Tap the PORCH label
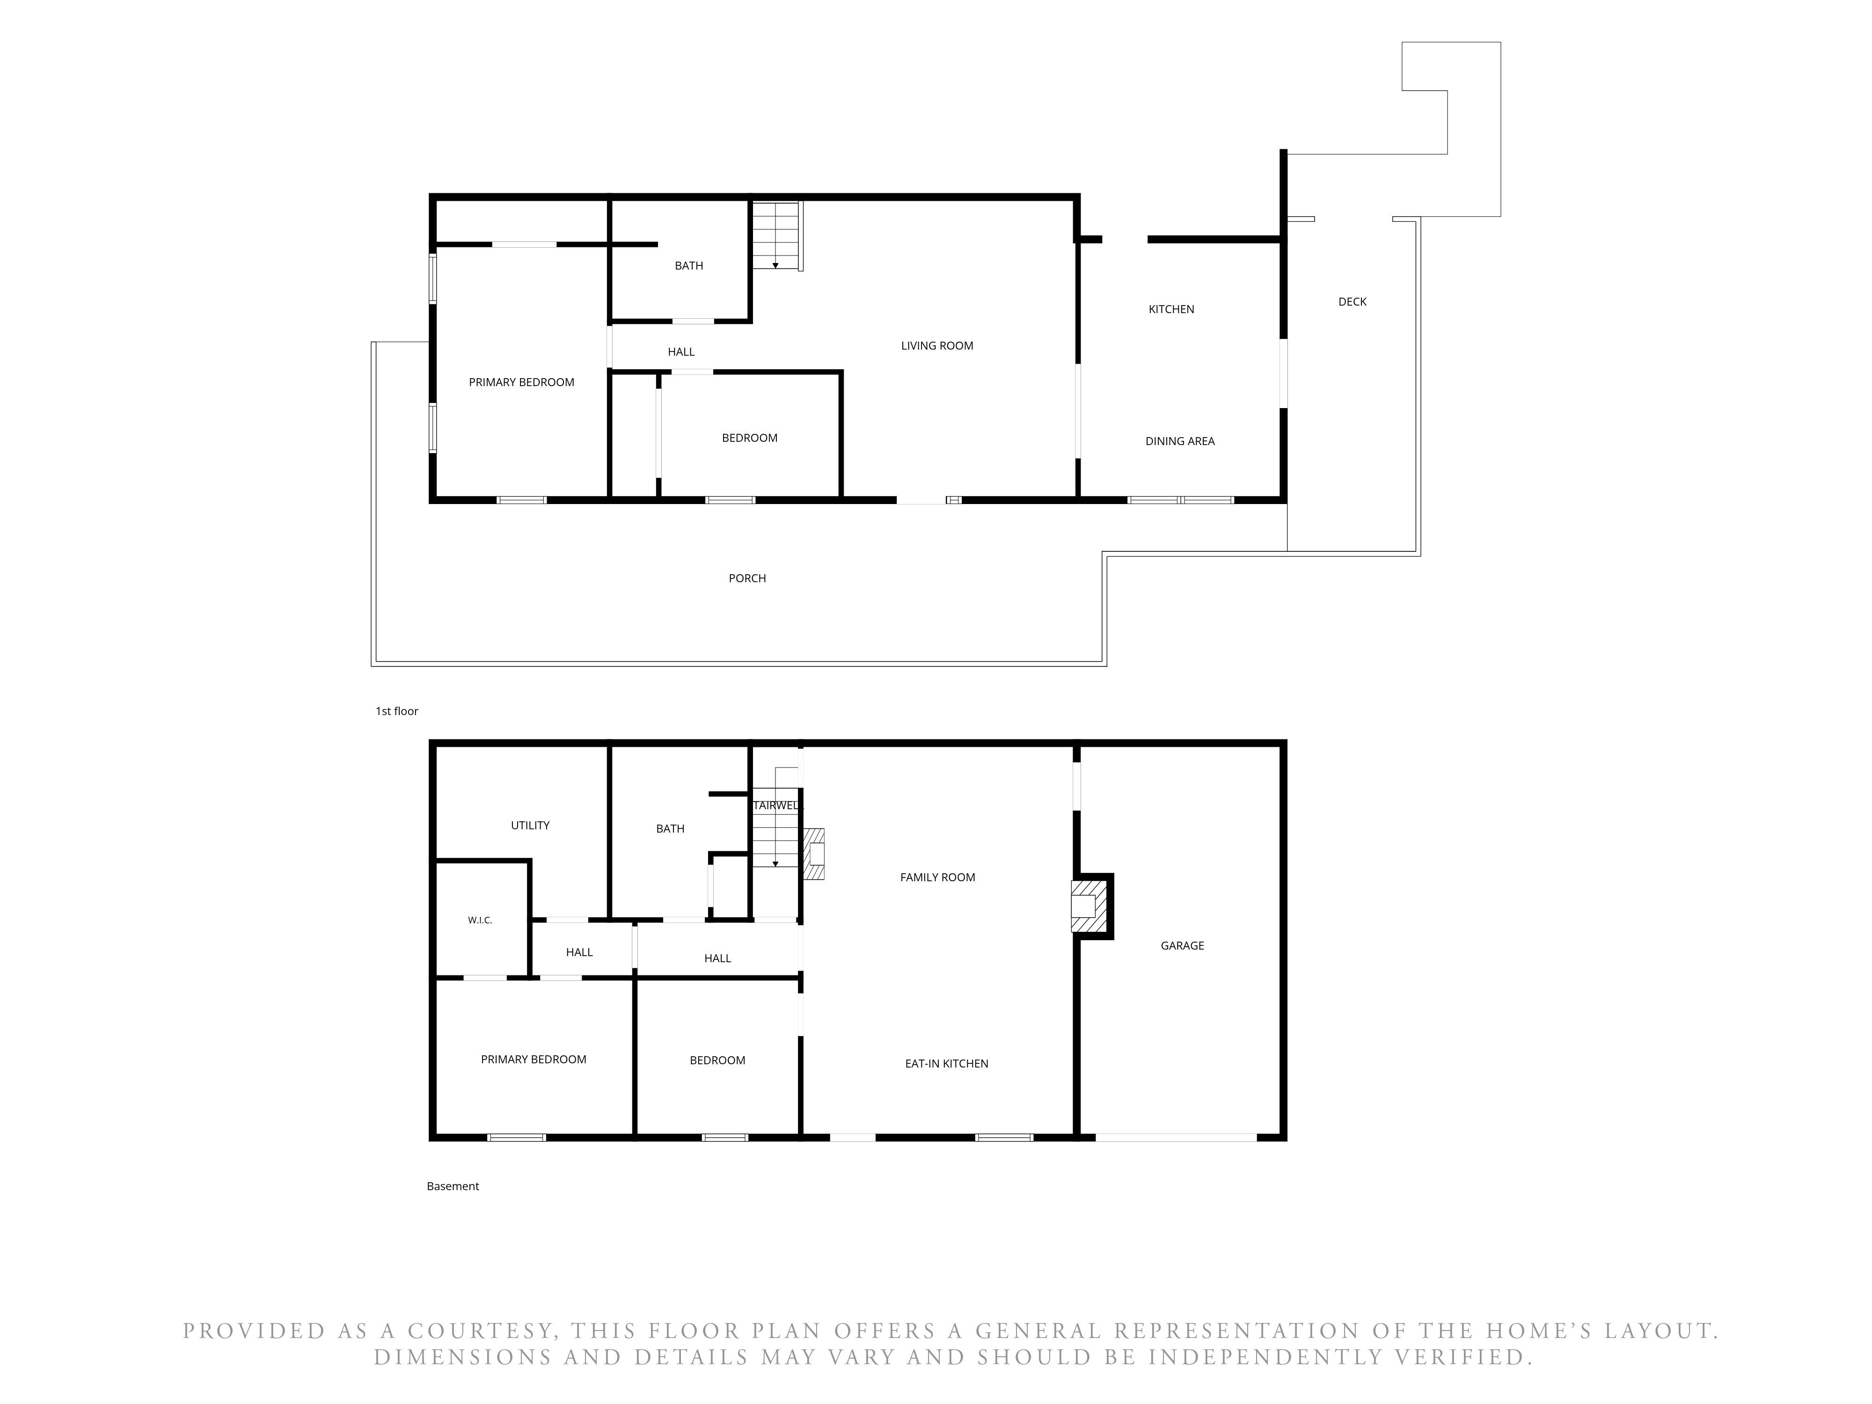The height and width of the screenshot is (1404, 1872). pos(747,578)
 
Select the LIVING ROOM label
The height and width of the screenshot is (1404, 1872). pos(937,345)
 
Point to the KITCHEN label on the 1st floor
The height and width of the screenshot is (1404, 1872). pos(1171,309)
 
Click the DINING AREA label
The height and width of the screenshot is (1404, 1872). pos(1180,441)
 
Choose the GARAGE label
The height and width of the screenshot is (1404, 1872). pos(1182,945)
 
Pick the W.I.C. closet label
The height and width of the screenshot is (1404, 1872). pos(480,920)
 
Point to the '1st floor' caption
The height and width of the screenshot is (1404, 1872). pos(397,711)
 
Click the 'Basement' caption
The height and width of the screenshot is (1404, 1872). pos(453,1185)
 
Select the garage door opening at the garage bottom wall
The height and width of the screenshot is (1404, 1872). pos(1177,1137)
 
